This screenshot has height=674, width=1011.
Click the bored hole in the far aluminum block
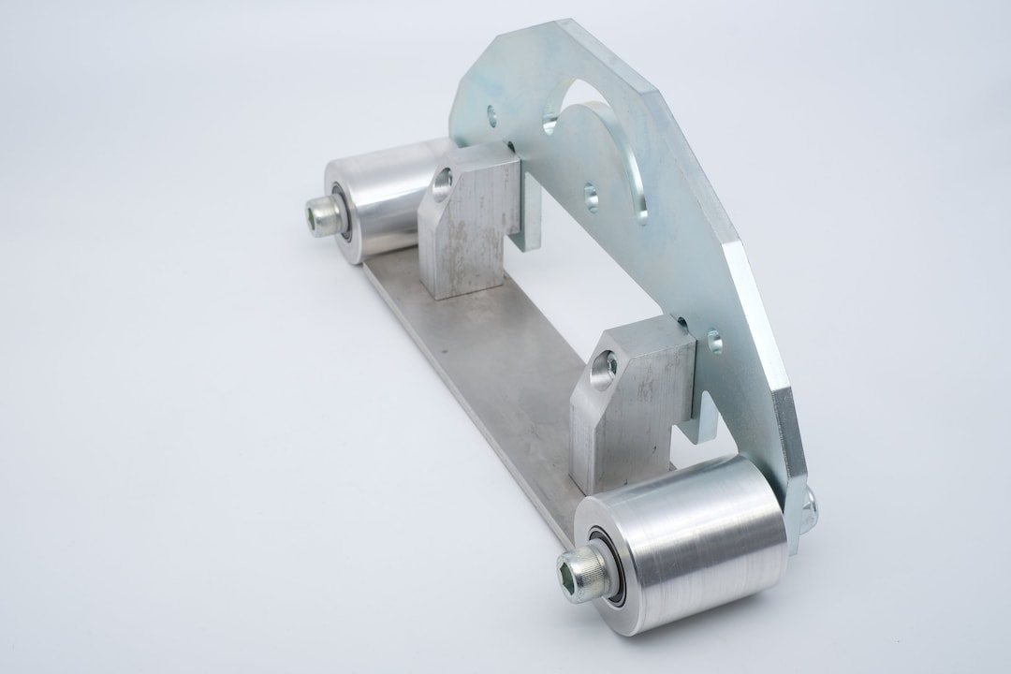[x=443, y=178]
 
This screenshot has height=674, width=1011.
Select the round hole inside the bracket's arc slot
[x=592, y=197]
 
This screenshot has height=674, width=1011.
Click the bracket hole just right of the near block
[x=714, y=341]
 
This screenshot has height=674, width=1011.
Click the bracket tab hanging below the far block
[x=529, y=220]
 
